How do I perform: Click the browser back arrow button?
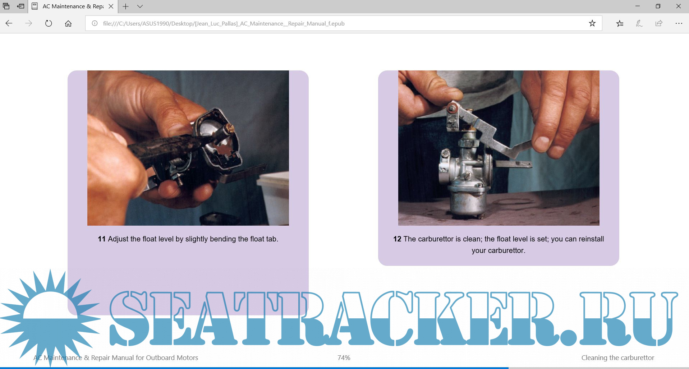pos(9,23)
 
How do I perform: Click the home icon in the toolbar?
pos(68,23)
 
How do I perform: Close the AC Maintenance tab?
pos(111,6)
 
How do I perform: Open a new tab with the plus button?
pos(125,6)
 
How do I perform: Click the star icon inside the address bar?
pos(592,23)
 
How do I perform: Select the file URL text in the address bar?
pos(224,23)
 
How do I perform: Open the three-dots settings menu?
pos(679,23)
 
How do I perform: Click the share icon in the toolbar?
pos(659,23)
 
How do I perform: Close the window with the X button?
pos(679,6)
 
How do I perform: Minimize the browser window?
pos(638,6)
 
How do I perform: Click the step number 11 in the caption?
pos(102,239)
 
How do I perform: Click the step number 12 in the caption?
pos(397,239)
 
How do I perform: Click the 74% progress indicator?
pos(344,358)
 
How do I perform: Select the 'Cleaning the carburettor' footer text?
pos(618,358)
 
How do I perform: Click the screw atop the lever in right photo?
pos(453,107)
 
